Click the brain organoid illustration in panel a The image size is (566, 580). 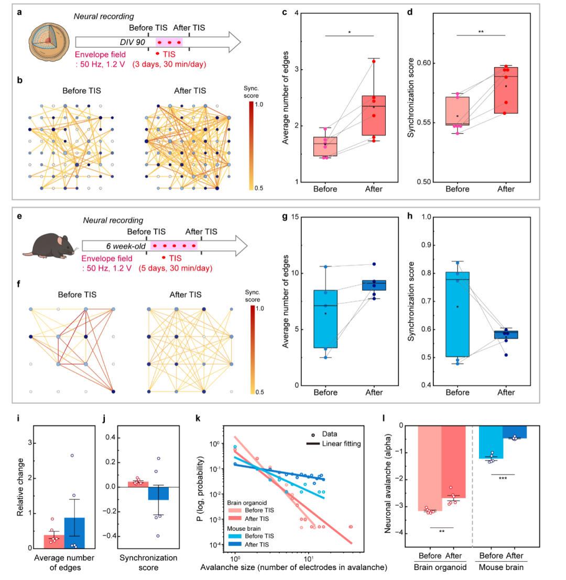49,42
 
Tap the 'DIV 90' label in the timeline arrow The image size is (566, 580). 133,42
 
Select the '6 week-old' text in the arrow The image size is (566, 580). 126,246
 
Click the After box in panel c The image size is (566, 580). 374,115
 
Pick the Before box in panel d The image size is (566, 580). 457,111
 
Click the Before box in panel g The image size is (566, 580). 325,319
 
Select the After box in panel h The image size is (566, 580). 506,334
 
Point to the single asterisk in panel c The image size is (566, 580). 349,32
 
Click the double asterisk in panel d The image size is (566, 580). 481,32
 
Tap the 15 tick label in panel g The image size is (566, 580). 295,217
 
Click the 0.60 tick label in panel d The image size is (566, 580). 424,63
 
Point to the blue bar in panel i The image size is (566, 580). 74,533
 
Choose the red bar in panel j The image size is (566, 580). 138,484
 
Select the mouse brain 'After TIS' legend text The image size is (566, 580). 257,544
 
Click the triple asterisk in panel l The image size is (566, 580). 503,479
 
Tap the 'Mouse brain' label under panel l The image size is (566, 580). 501,567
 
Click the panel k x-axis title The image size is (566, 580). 293,567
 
